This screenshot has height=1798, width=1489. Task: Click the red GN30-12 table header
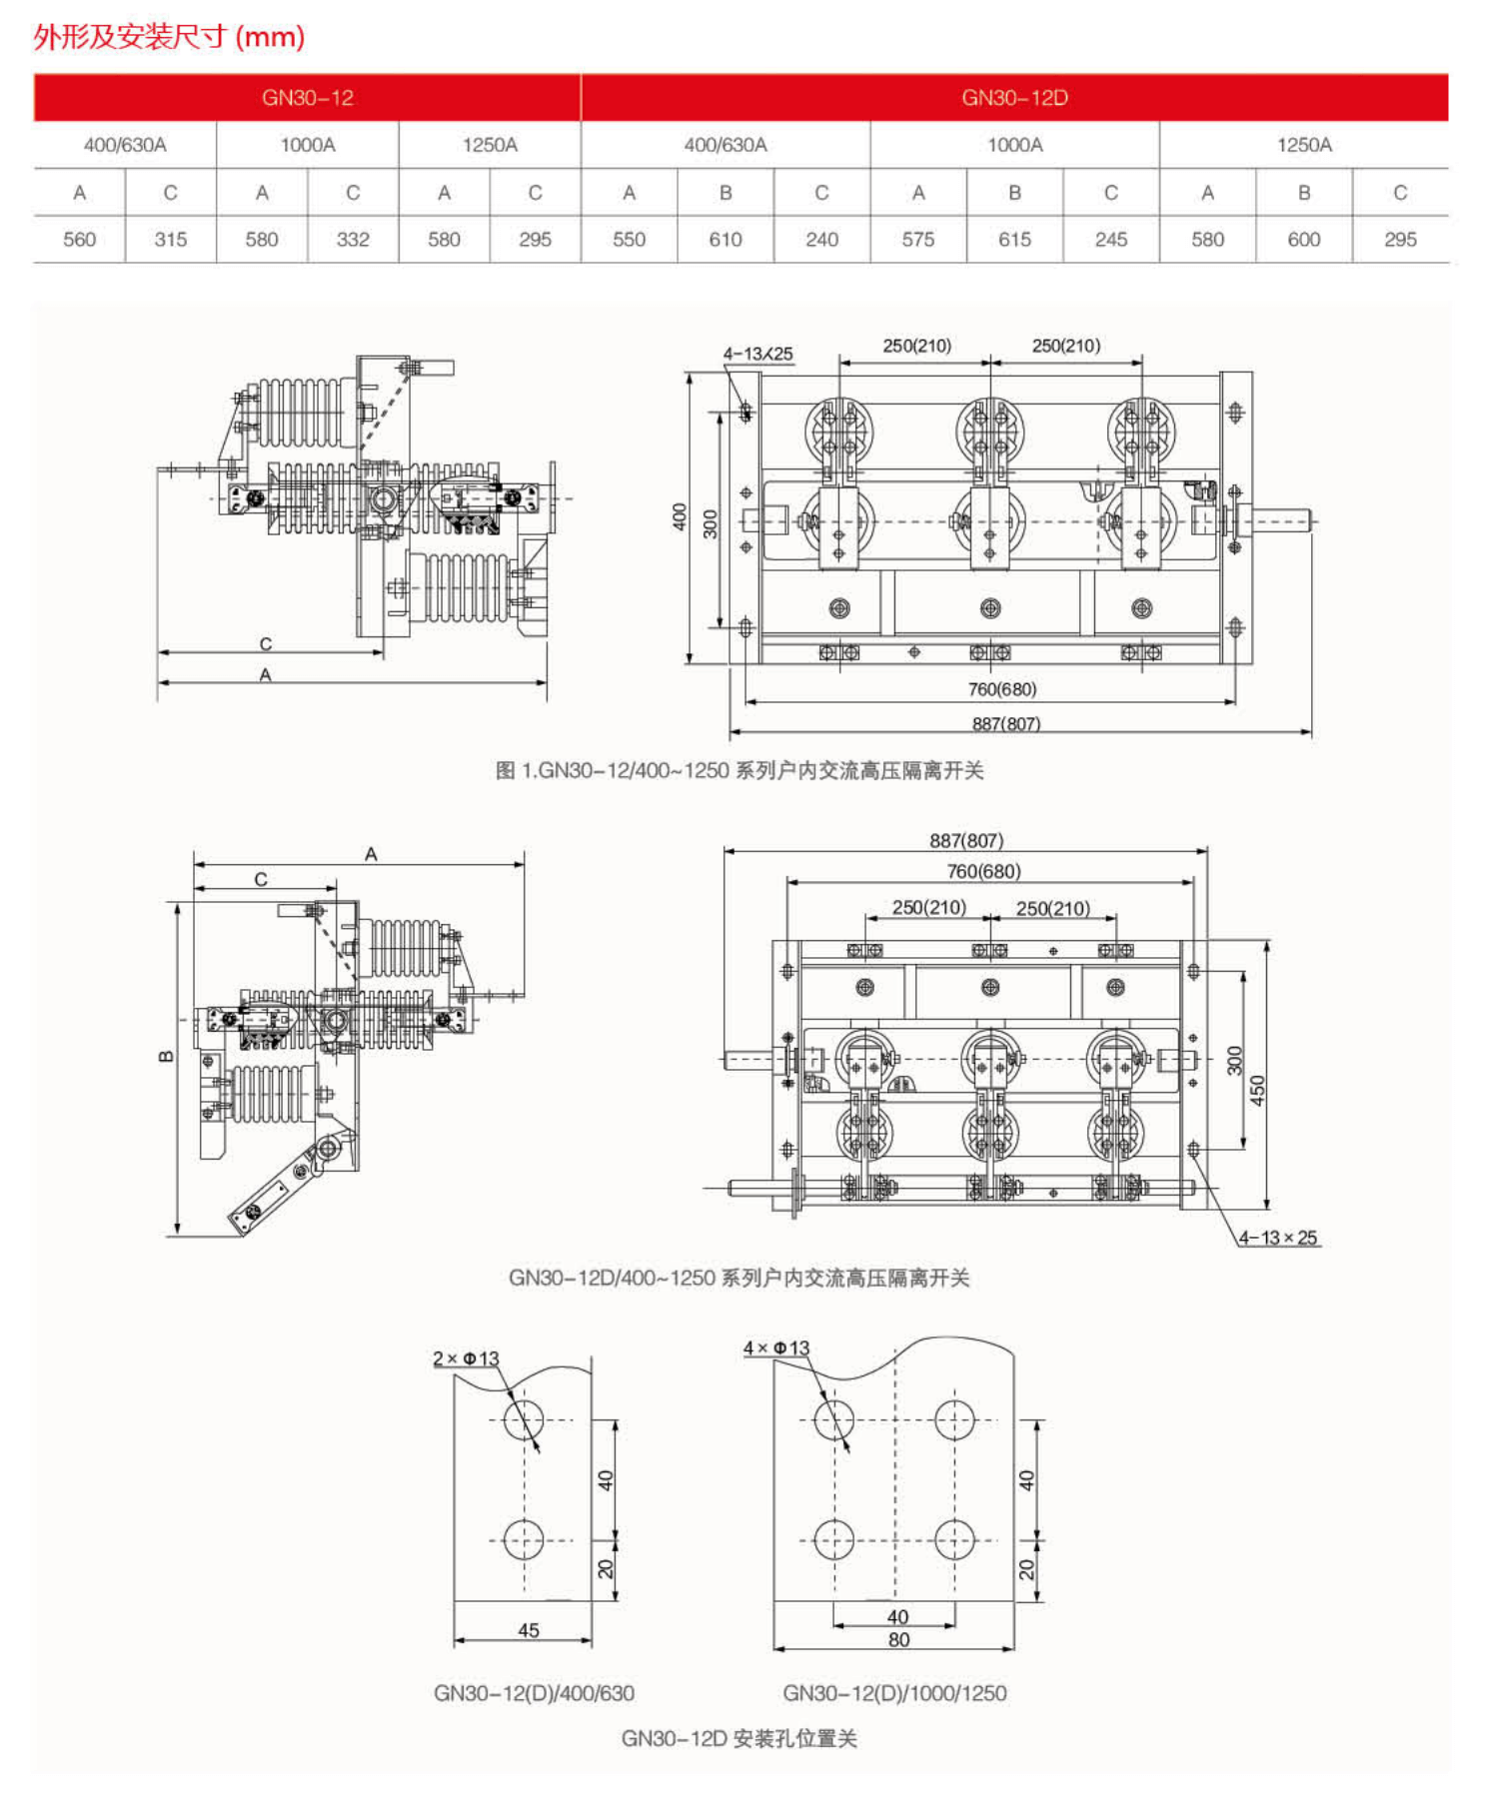click(x=307, y=98)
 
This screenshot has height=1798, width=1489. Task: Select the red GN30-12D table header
click(x=1014, y=98)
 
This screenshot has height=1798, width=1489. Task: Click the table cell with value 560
click(x=79, y=240)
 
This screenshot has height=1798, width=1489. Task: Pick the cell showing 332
click(x=353, y=240)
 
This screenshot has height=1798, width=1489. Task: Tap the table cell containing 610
click(x=726, y=240)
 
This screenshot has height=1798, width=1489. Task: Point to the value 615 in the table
click(x=1014, y=240)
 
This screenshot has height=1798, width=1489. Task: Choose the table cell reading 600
click(x=1303, y=240)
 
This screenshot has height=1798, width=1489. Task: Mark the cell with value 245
click(x=1110, y=240)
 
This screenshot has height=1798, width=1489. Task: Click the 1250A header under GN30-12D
click(x=1303, y=145)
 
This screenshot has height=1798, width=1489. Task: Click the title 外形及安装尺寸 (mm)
click(x=169, y=37)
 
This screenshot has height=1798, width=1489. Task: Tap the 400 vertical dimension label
click(x=680, y=516)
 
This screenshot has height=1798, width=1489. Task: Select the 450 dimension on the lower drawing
click(x=1257, y=1089)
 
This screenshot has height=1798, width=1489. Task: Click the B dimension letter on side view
click(x=166, y=1056)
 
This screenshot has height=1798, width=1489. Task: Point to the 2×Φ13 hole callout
click(x=466, y=1358)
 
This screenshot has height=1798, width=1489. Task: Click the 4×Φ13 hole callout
click(x=775, y=1348)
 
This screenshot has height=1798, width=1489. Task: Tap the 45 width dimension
click(x=529, y=1630)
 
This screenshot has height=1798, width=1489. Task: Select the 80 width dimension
click(x=898, y=1639)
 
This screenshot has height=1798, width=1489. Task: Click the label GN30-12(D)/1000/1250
click(x=894, y=1693)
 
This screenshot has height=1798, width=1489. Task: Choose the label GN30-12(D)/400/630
click(x=534, y=1693)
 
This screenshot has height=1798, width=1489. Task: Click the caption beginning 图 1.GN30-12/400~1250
click(x=740, y=770)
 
